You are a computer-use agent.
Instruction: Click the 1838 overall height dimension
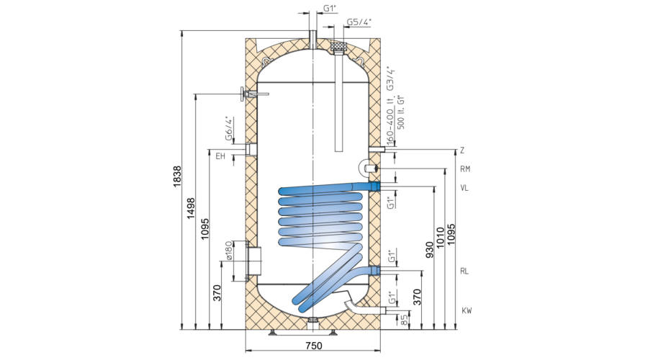click(x=177, y=176)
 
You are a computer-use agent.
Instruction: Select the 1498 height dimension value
click(x=191, y=208)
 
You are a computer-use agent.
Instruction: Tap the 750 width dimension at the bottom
click(x=314, y=346)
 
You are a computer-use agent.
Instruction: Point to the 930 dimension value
click(x=429, y=251)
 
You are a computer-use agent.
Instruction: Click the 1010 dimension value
click(x=440, y=238)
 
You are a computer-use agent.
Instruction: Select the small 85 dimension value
click(x=405, y=320)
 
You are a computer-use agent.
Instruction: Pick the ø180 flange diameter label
click(x=230, y=251)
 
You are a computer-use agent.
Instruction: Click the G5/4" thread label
click(x=359, y=22)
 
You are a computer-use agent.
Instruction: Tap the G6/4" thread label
click(x=229, y=129)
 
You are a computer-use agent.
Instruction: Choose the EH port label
click(x=221, y=156)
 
